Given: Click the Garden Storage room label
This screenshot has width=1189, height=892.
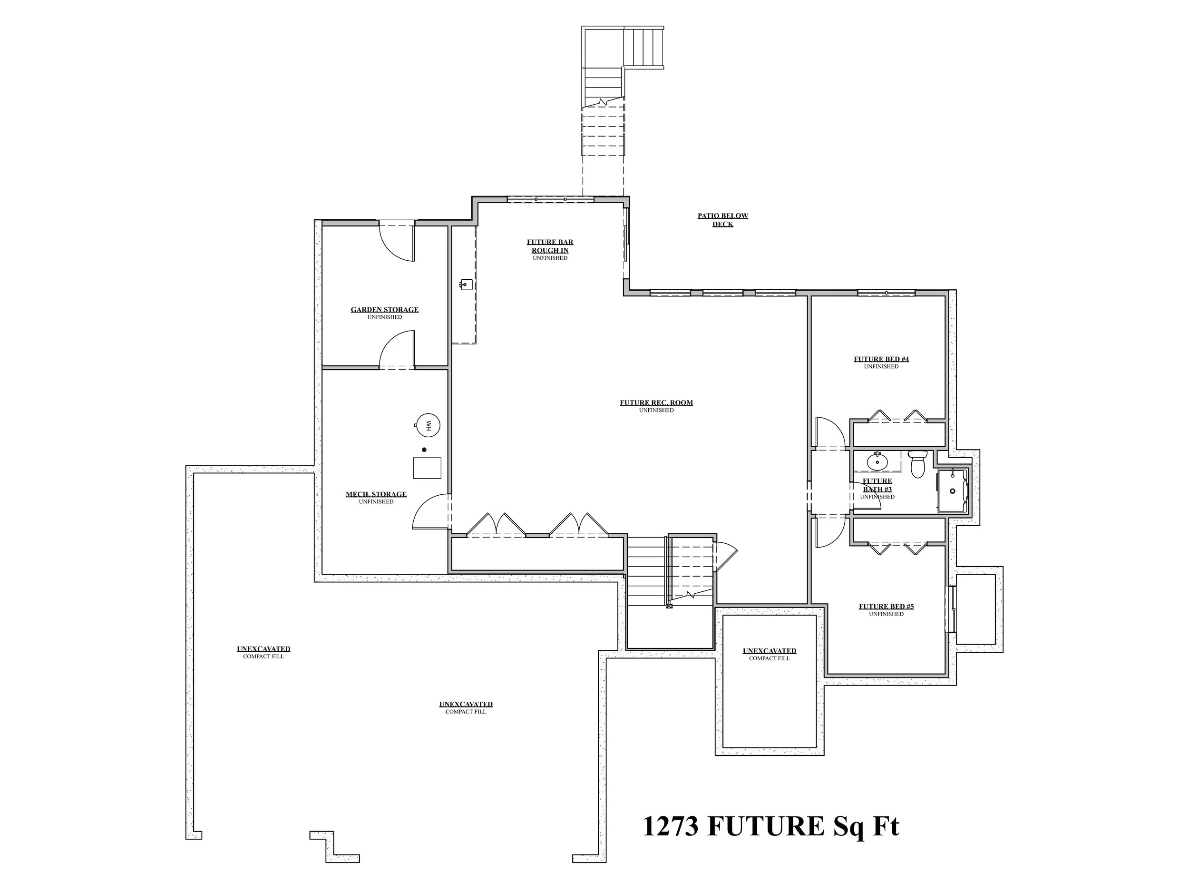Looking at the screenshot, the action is coord(384,313).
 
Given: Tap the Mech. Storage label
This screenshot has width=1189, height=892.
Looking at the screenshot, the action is coord(376,497).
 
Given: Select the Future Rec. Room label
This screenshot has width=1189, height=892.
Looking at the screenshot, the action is coord(656,406).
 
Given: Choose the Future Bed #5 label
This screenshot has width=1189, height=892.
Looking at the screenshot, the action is coord(886,610).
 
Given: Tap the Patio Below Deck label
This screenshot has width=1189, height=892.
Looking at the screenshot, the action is coord(722,220).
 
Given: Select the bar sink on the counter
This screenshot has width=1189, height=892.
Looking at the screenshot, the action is coord(466,284).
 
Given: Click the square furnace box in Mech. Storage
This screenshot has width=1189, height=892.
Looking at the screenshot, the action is coord(427,468).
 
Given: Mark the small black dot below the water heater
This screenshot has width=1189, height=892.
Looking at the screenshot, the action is coord(424,450).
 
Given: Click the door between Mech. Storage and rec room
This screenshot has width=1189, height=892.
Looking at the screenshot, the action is coord(431,513).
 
